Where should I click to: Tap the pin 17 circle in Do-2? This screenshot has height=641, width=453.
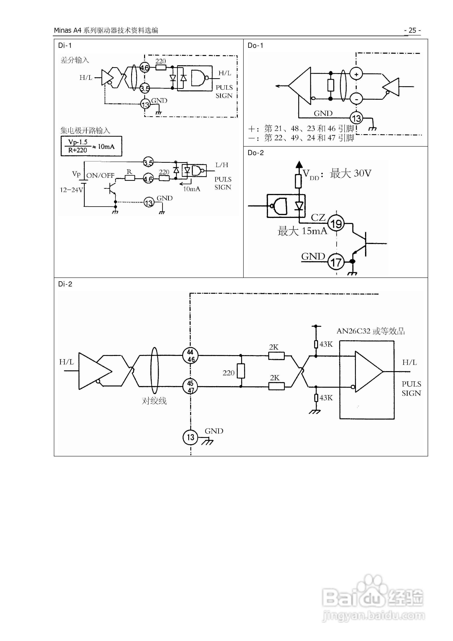click(336, 262)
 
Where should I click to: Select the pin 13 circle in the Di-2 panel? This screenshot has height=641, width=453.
click(191, 437)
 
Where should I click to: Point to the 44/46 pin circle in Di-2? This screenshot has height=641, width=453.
click(191, 356)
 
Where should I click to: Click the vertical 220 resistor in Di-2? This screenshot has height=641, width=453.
click(241, 371)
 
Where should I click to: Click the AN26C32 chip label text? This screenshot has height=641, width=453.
click(371, 331)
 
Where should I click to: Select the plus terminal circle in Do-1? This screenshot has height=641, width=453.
click(356, 74)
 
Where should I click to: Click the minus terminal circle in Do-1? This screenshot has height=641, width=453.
click(356, 99)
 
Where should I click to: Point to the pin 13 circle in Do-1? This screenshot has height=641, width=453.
click(356, 118)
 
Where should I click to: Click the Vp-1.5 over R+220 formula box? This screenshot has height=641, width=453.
click(91, 146)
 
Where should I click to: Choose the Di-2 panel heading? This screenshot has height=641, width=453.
click(65, 284)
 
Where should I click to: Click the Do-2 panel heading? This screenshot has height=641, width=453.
click(256, 153)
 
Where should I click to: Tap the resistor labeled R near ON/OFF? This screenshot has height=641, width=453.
click(130, 178)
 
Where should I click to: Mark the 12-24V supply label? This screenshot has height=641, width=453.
click(72, 190)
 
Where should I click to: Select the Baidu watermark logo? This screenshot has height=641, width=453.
click(373, 596)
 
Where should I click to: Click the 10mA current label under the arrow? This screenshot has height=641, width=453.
click(192, 189)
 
